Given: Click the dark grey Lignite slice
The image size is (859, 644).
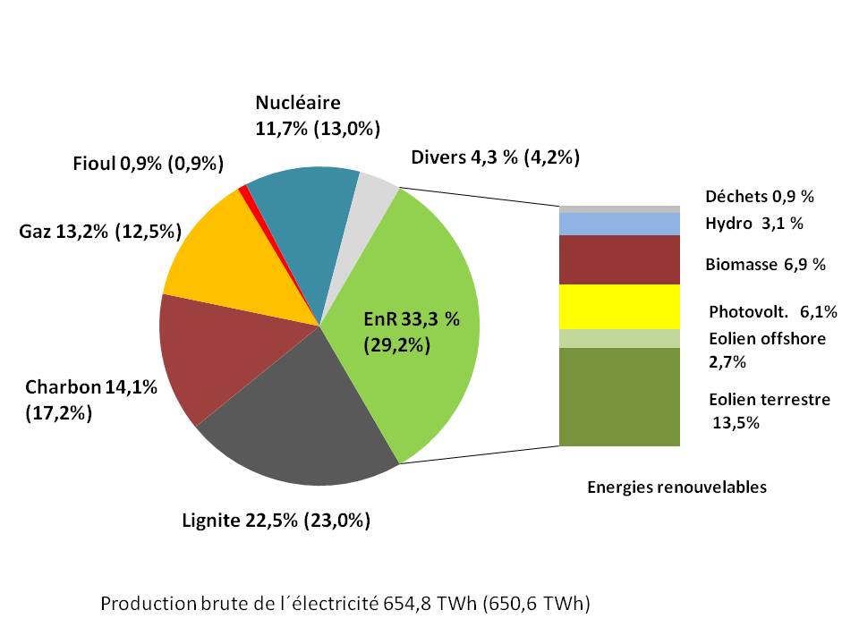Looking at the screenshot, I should [x=295, y=420].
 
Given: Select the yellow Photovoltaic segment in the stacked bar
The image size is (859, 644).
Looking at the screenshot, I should [x=619, y=306].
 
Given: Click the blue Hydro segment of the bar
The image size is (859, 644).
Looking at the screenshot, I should [x=619, y=224].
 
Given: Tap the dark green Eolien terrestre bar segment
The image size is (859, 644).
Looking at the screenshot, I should [x=619, y=396].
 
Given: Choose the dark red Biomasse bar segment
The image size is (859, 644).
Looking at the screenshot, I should [x=619, y=259].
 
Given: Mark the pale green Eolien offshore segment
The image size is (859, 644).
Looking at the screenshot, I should [x=619, y=338].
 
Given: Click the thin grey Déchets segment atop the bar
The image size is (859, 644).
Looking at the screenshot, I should [x=619, y=208].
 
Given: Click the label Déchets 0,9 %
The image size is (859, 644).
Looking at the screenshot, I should [x=760, y=197].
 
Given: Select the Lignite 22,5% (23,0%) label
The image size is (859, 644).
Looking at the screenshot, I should [x=276, y=521].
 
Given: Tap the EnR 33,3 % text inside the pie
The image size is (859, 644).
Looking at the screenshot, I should [x=411, y=319].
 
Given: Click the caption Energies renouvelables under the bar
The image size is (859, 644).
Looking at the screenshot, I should [x=676, y=487].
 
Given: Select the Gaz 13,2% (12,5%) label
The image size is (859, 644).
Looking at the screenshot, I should [x=100, y=232].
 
